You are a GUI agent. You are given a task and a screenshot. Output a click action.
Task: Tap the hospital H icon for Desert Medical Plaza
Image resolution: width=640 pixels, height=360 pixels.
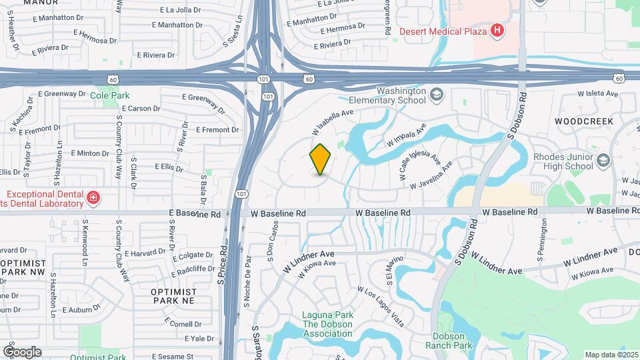pyautogui.click(x=496, y=30)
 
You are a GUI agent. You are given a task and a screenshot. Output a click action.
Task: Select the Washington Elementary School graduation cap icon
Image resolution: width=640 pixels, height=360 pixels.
pyautogui.click(x=436, y=95)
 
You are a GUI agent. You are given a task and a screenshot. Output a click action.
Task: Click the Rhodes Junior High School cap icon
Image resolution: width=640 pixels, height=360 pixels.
pyautogui.click(x=603, y=161)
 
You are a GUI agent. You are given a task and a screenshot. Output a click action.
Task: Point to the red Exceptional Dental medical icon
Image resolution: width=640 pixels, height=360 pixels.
pyautogui.click(x=93, y=197)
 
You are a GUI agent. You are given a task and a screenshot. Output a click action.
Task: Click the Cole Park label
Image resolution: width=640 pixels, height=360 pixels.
pyautogui.click(x=110, y=95)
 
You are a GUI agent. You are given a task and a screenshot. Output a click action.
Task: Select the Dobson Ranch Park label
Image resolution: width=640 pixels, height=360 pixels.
pyautogui.click(x=453, y=341)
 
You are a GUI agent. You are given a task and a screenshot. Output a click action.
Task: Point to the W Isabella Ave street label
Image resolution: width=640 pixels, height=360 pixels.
pyautogui.click(x=331, y=121)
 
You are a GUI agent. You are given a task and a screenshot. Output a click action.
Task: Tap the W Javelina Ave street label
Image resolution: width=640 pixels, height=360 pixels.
pyautogui.click(x=431, y=174)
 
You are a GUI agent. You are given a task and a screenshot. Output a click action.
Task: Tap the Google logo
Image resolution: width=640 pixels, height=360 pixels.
pyautogui.click(x=22, y=351)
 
